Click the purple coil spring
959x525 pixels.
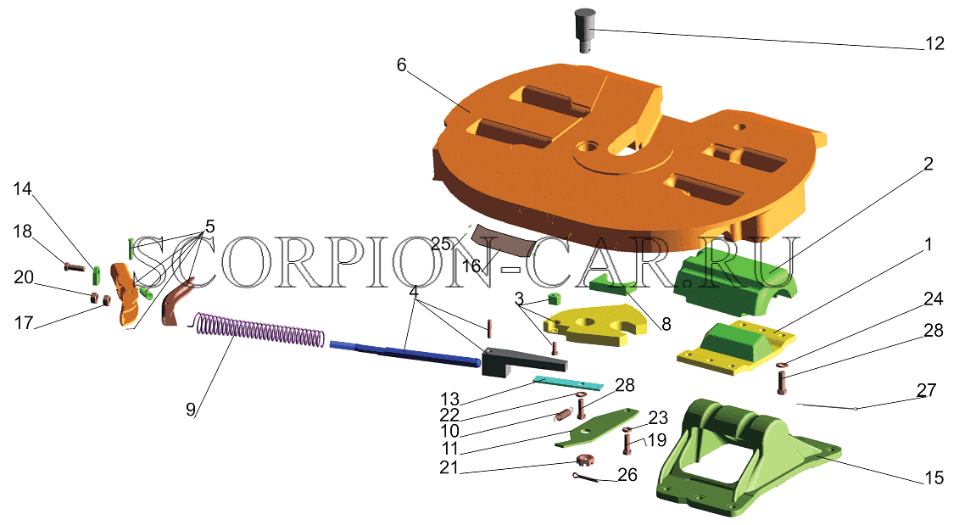[260, 331]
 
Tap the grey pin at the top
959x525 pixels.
[585, 30]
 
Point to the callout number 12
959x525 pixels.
[935, 43]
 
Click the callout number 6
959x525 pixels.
[401, 64]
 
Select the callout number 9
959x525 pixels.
[191, 410]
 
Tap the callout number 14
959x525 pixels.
[22, 188]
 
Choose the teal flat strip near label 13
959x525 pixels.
[567, 383]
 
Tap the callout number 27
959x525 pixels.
[927, 390]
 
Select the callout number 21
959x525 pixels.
[449, 467]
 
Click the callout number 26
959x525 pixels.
[627, 475]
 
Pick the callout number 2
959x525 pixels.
[928, 164]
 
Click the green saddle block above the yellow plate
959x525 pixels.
[735, 272]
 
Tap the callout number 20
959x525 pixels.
[24, 277]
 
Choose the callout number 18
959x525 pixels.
[23, 232]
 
